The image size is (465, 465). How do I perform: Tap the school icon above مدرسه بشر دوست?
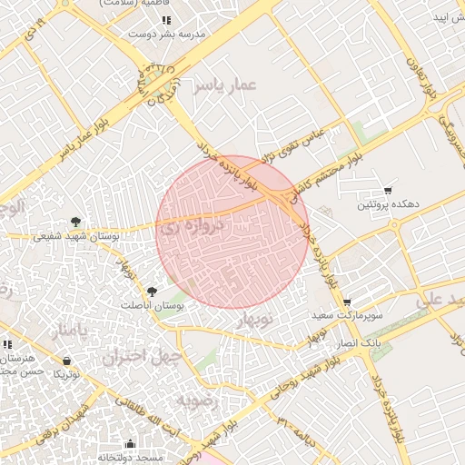[x=165, y=19]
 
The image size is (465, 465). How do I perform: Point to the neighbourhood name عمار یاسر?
[x=225, y=86]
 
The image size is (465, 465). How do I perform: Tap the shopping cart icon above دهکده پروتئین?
[x=388, y=191]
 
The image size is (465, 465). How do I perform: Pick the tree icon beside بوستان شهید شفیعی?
[x=75, y=222]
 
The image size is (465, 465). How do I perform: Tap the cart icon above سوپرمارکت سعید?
[x=346, y=302]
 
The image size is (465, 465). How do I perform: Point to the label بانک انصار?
[x=361, y=344]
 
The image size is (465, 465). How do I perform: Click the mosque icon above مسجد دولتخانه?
[x=130, y=444]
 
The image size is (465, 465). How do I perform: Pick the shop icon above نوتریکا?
[x=65, y=361]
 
